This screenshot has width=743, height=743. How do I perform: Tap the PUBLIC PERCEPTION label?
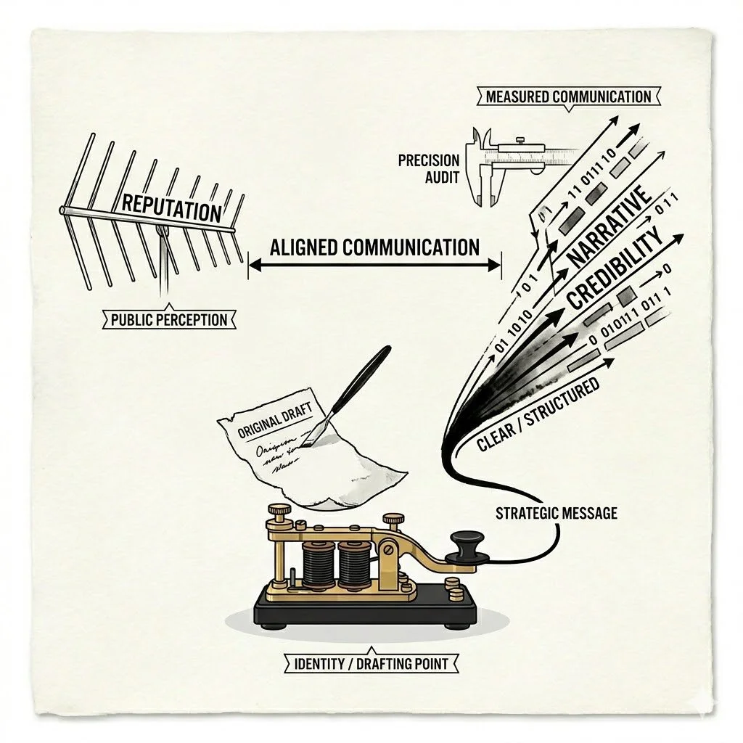(x=169, y=319)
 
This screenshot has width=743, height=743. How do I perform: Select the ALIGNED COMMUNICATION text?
(x=374, y=247)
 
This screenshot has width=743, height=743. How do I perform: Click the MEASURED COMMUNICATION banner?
(x=568, y=97)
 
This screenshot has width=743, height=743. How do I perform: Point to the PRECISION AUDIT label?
(x=429, y=168)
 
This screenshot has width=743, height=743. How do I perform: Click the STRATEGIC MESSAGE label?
(x=556, y=513)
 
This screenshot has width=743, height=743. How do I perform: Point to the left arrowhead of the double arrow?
(x=253, y=266)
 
